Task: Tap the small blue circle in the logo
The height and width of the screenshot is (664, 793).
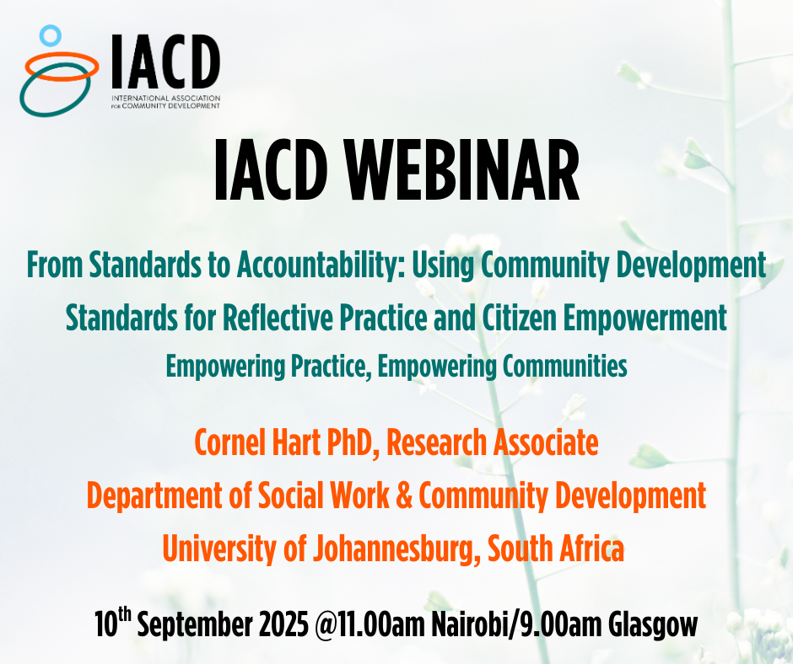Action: pyautogui.click(x=51, y=35)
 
